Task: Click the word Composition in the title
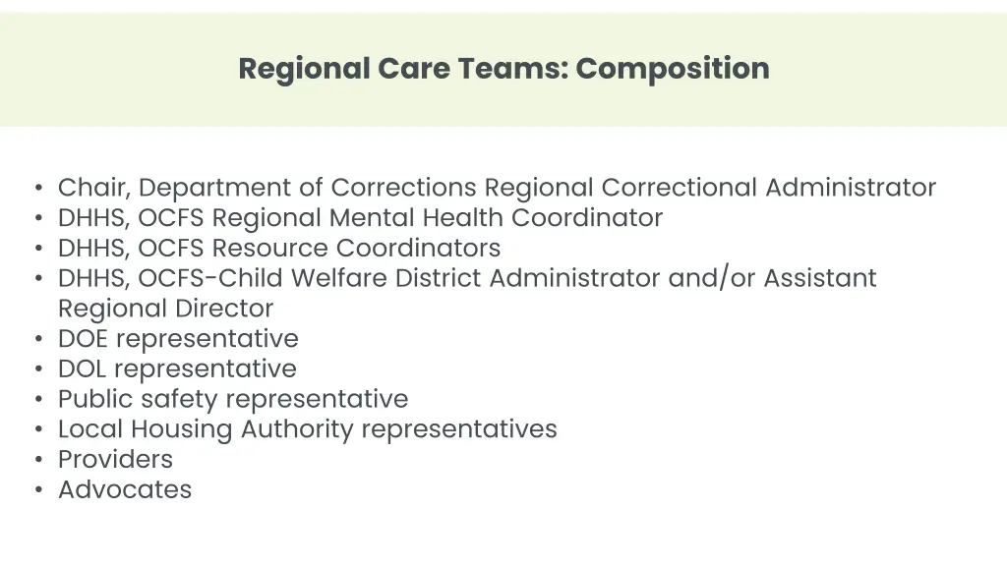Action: point(673,69)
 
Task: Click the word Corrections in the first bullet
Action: point(404,187)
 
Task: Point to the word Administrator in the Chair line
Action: point(851,187)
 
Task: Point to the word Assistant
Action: point(820,278)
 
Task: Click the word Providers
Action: point(115,460)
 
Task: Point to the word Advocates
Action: point(125,490)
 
